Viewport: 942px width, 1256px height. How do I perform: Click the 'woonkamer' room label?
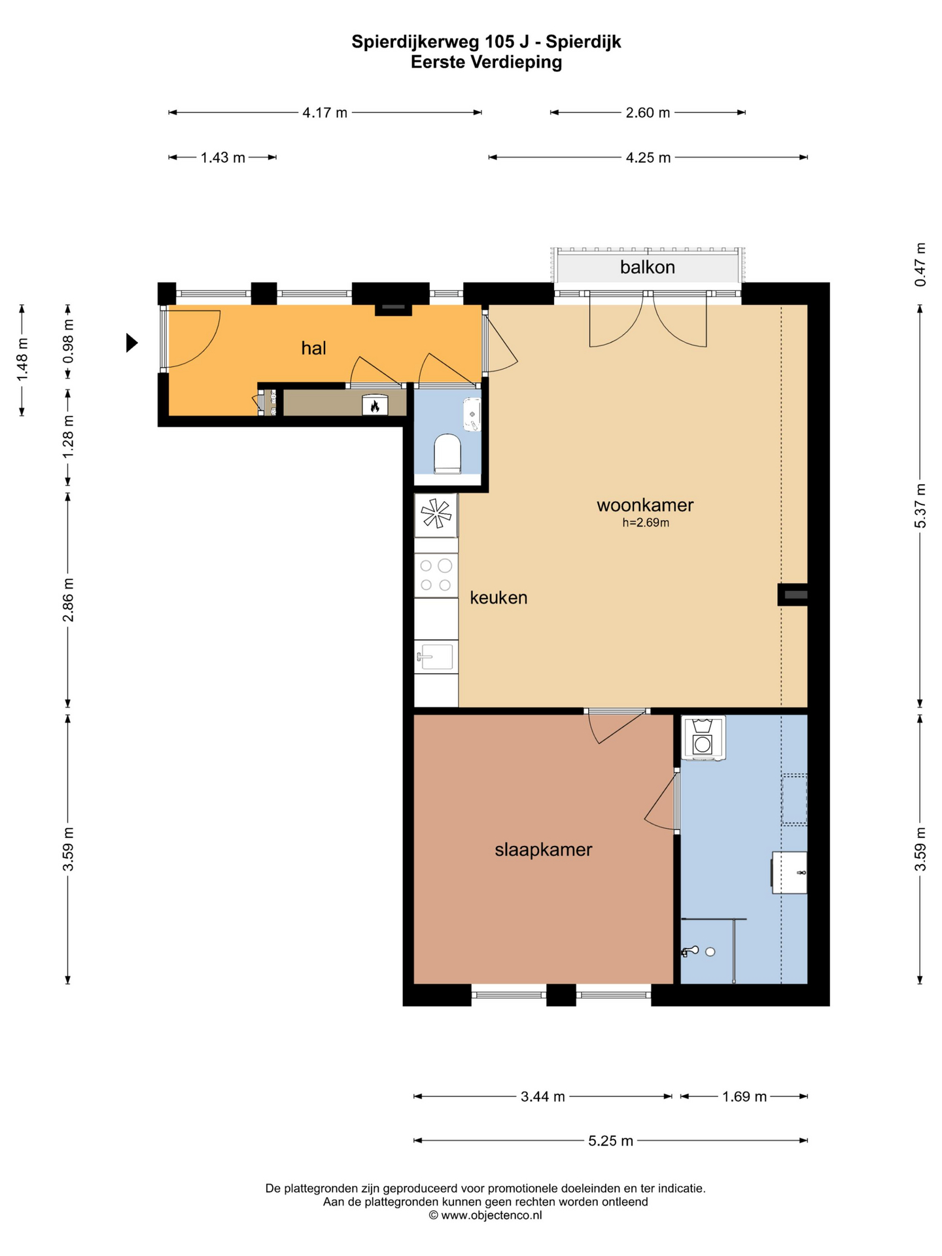click(644, 505)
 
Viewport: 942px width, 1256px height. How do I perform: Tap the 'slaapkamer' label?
click(543, 850)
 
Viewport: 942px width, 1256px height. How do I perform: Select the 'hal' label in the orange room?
click(313, 348)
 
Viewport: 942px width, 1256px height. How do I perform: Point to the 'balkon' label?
click(647, 267)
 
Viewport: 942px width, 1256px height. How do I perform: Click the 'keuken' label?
click(498, 597)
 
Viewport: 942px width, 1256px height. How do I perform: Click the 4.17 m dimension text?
click(324, 113)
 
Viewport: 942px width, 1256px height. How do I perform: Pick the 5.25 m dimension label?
click(610, 1141)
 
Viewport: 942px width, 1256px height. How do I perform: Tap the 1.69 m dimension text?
click(744, 1096)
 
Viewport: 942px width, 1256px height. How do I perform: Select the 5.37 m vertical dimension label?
click(920, 506)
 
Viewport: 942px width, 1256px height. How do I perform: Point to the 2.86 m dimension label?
click(68, 601)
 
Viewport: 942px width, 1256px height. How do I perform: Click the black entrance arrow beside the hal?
click(132, 342)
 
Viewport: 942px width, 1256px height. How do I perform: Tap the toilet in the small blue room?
click(447, 453)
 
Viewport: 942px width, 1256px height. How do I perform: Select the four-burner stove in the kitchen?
click(436, 575)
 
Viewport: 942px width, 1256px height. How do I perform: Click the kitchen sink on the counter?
click(435, 657)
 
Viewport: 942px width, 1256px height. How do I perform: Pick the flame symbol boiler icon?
click(375, 405)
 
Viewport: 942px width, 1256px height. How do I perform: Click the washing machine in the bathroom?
click(703, 738)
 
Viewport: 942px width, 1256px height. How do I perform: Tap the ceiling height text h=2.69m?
click(646, 523)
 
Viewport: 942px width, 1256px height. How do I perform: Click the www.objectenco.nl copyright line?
click(485, 1215)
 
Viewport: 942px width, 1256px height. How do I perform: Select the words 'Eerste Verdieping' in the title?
click(486, 62)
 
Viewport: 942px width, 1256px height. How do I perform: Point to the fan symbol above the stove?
click(436, 514)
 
